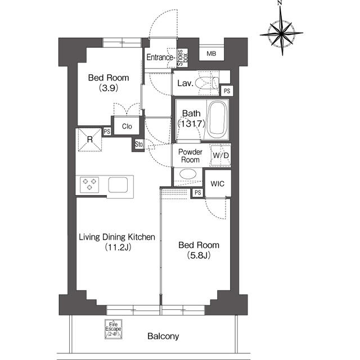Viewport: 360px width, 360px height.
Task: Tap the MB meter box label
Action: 211,53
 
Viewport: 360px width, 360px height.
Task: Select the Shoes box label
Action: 183,57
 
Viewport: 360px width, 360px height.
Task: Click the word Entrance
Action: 160,57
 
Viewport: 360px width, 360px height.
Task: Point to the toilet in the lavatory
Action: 208,83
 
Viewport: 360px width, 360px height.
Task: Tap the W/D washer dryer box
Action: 220,155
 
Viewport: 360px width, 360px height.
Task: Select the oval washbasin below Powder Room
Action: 188,174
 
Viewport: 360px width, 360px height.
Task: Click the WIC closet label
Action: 218,183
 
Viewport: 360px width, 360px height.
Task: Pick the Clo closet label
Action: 127,126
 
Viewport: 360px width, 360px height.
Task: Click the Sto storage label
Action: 139,144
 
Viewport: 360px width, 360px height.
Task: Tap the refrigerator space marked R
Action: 90,139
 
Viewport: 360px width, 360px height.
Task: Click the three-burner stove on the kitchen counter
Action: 89,184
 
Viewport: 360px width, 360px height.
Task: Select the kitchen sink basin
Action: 118,184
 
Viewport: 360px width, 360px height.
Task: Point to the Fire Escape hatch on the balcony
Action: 114,329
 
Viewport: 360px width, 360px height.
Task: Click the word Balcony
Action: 163,336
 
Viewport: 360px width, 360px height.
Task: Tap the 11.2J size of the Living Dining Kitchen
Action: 118,247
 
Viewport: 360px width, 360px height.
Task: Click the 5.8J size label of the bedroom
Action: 199,255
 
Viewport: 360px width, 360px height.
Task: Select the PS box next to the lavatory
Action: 227,91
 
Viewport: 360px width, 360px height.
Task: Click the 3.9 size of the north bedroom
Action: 109,88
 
